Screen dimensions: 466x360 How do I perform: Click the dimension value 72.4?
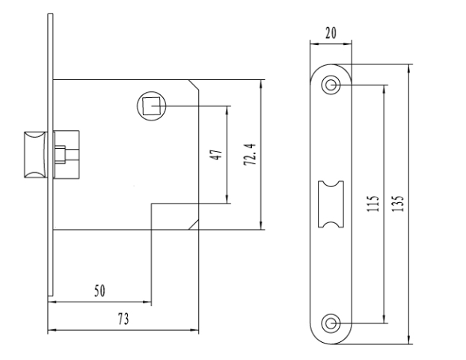click(249, 154)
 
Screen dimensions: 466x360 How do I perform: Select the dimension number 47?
click(216, 155)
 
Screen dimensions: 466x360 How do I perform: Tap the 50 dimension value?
click(99, 290)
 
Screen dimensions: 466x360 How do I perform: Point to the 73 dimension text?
click(123, 319)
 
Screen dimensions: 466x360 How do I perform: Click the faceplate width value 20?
click(331, 33)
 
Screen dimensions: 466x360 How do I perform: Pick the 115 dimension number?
click(373, 204)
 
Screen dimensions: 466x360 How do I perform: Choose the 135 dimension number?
click(398, 204)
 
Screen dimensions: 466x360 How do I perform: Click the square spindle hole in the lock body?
click(152, 106)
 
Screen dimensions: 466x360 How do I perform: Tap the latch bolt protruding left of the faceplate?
click(36, 155)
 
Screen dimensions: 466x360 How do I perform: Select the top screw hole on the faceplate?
click(331, 85)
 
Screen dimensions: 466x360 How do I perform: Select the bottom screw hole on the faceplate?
click(331, 323)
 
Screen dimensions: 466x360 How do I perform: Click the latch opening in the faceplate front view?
click(331, 204)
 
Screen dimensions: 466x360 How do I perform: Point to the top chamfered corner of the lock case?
click(194, 85)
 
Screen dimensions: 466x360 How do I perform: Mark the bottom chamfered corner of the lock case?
click(194, 225)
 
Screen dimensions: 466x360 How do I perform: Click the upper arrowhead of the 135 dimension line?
click(409, 69)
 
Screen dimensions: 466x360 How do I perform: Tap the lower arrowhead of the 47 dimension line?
click(227, 199)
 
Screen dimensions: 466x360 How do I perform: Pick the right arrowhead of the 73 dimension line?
click(194, 329)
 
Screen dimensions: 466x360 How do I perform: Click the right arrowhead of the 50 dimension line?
click(147, 302)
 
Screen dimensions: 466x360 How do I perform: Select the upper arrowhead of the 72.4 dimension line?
click(260, 85)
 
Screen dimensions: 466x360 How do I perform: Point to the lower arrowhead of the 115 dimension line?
click(384, 318)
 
